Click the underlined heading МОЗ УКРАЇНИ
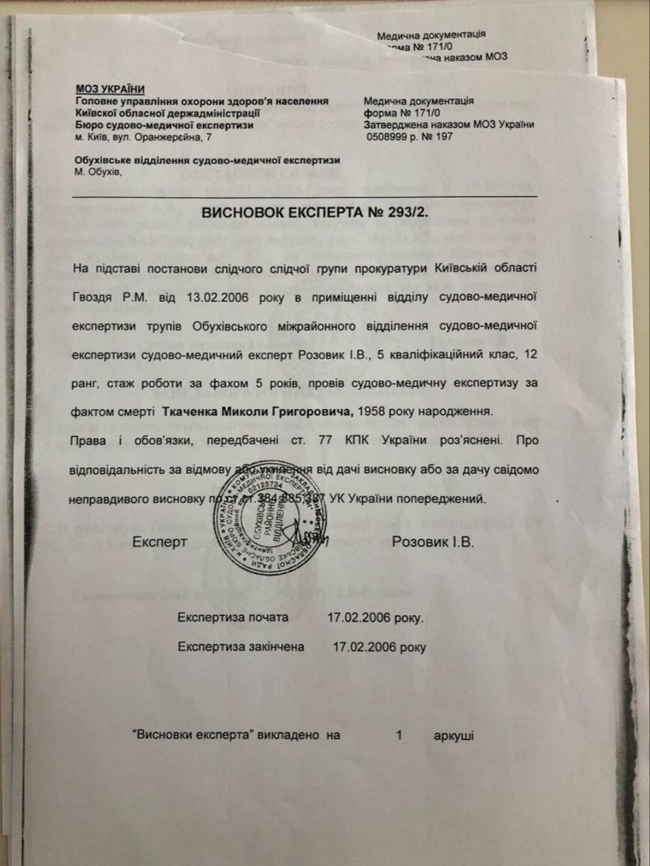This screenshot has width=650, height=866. tap(110, 90)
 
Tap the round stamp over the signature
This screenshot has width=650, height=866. tap(270, 521)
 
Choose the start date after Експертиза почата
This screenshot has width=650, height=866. tap(375, 618)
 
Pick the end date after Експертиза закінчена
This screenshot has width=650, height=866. tap(379, 647)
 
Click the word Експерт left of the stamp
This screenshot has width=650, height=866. tap(160, 542)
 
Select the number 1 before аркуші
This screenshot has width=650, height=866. tap(398, 735)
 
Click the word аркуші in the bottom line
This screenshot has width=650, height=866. tap(453, 735)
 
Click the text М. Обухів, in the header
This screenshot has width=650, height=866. tap(98, 172)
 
